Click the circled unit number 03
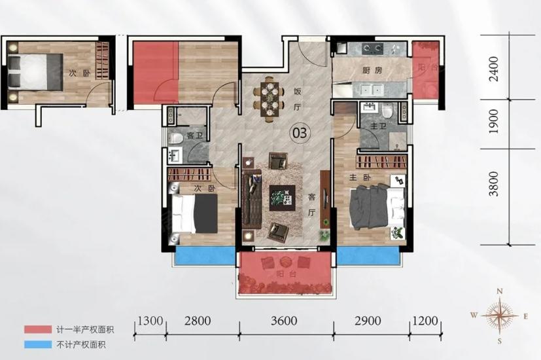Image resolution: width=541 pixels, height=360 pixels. tap(300, 132)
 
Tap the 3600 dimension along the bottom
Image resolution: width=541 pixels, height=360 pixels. tap(284, 321)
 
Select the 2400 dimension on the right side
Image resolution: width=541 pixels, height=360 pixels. tap(494, 69)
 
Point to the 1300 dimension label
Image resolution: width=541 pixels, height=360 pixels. tap(150, 321)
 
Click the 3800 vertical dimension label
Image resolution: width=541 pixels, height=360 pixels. tap(494, 184)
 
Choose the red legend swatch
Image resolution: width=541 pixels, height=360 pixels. tap(37, 329)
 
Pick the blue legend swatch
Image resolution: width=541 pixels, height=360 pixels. tap(37, 344)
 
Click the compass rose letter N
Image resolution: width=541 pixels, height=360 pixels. tap(499, 292)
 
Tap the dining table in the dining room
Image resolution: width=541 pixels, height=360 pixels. tap(269, 99)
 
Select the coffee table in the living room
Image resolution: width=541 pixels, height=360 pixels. tap(282, 198)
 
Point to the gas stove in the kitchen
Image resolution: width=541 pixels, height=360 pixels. tap(372, 48)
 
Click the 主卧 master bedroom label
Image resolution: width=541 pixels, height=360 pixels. tap(360, 178)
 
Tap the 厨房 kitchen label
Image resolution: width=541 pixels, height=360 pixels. tap(372, 71)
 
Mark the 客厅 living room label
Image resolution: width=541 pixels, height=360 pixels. tap(311, 205)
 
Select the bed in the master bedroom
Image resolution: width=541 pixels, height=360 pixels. tap(377, 207)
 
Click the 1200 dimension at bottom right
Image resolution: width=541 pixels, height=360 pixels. tap(425, 321)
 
